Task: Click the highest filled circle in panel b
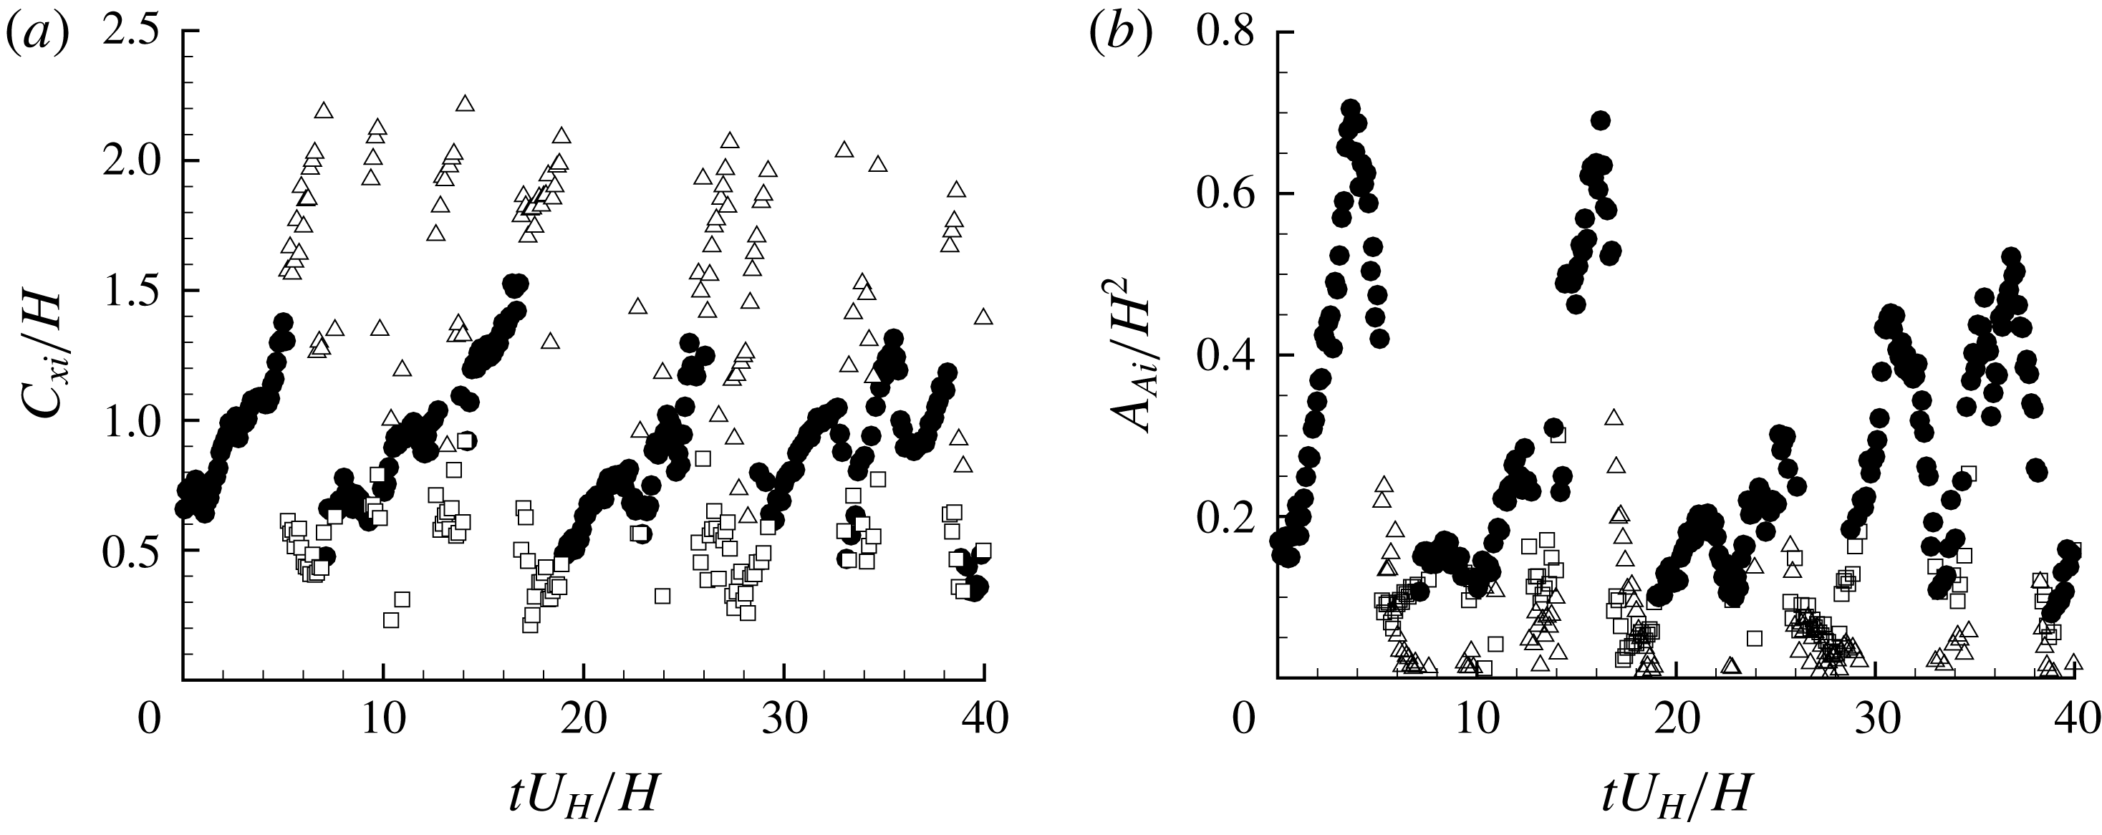click(1351, 110)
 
